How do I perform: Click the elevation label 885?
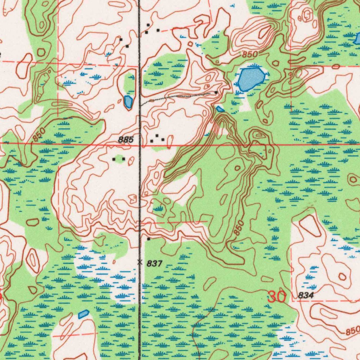(x=126, y=140)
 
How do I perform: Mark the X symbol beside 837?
(x=140, y=262)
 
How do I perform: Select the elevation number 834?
(x=306, y=296)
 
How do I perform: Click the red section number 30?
(x=277, y=297)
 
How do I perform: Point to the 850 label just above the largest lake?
(x=250, y=55)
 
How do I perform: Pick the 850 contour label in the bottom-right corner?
(x=352, y=331)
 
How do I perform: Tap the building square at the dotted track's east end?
(x=216, y=93)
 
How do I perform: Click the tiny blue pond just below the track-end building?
(x=220, y=109)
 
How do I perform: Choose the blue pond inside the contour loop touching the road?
(x=128, y=102)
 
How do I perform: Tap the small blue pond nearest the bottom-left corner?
(x=83, y=314)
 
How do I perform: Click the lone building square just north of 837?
(x=148, y=239)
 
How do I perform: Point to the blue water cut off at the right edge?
(x=358, y=38)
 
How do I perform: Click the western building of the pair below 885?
(x=114, y=159)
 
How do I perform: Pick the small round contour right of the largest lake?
(x=276, y=64)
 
